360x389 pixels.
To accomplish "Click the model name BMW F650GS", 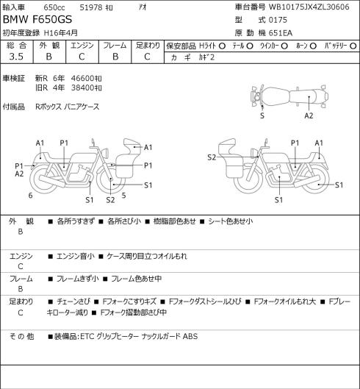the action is (37, 20).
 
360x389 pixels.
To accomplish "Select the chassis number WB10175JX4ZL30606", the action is (309, 7).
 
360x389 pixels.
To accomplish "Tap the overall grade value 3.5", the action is (16, 57).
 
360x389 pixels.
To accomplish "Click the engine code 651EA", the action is (281, 33).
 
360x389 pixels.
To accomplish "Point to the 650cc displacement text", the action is (54, 7).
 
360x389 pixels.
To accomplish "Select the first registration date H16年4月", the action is (61, 33).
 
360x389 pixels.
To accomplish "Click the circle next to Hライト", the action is (222, 46).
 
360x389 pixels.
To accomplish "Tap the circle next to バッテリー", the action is (353, 46).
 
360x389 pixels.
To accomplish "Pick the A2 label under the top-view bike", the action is (309, 115).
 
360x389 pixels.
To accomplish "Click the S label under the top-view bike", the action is (262, 115).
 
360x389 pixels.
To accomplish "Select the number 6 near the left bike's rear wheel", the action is (31, 196).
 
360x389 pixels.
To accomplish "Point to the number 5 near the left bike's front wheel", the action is (123, 196).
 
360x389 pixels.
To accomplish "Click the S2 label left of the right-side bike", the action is (212, 157).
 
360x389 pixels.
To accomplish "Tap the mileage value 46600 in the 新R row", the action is (82, 79).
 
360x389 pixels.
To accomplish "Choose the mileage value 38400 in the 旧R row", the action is (82, 88).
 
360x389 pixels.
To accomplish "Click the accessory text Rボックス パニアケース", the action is (68, 107).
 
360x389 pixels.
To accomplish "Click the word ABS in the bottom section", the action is (190, 336).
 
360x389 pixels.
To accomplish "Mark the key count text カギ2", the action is (206, 57).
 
